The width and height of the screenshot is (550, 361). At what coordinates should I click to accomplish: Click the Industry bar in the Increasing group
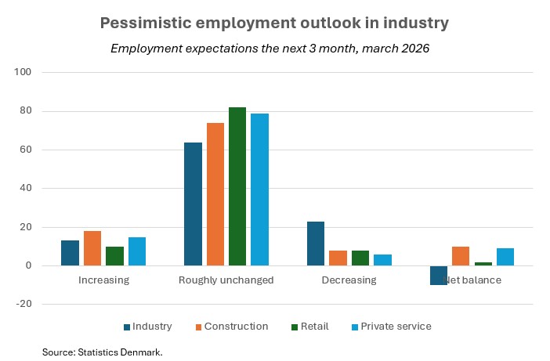tap(70, 253)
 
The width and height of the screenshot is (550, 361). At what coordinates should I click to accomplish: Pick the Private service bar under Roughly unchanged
tap(259, 190)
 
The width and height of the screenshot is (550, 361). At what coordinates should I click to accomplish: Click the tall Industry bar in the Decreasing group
tap(316, 244)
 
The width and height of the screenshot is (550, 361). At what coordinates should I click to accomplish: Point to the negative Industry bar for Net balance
tap(439, 275)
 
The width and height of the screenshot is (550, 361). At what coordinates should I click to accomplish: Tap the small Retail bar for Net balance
tap(483, 264)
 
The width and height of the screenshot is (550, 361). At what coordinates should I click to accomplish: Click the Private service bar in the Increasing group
tap(137, 251)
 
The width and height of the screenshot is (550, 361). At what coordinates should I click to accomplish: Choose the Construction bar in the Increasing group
tap(92, 248)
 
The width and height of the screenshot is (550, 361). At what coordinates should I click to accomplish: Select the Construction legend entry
tap(230, 327)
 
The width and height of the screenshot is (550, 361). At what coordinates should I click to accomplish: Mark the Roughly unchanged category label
tap(226, 280)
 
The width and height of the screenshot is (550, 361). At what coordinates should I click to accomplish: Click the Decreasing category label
tap(349, 280)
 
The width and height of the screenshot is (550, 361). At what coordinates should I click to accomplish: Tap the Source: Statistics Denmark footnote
tap(102, 353)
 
